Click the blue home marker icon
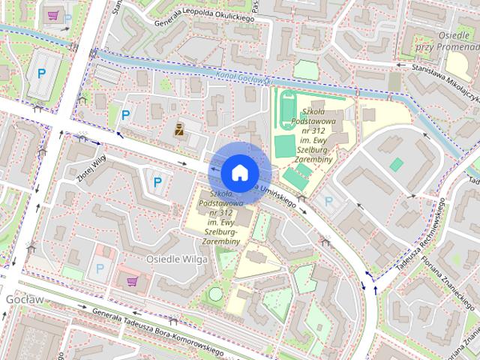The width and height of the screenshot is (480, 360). pos(239,172)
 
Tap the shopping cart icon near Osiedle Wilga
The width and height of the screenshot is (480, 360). pos(133,282)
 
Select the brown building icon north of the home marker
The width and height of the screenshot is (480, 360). pos(179,129)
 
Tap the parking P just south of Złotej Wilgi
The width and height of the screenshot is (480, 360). pos(157,181)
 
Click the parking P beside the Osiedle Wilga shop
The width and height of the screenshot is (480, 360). pos(100,269)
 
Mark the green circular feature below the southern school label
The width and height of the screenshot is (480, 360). pos(215,294)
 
